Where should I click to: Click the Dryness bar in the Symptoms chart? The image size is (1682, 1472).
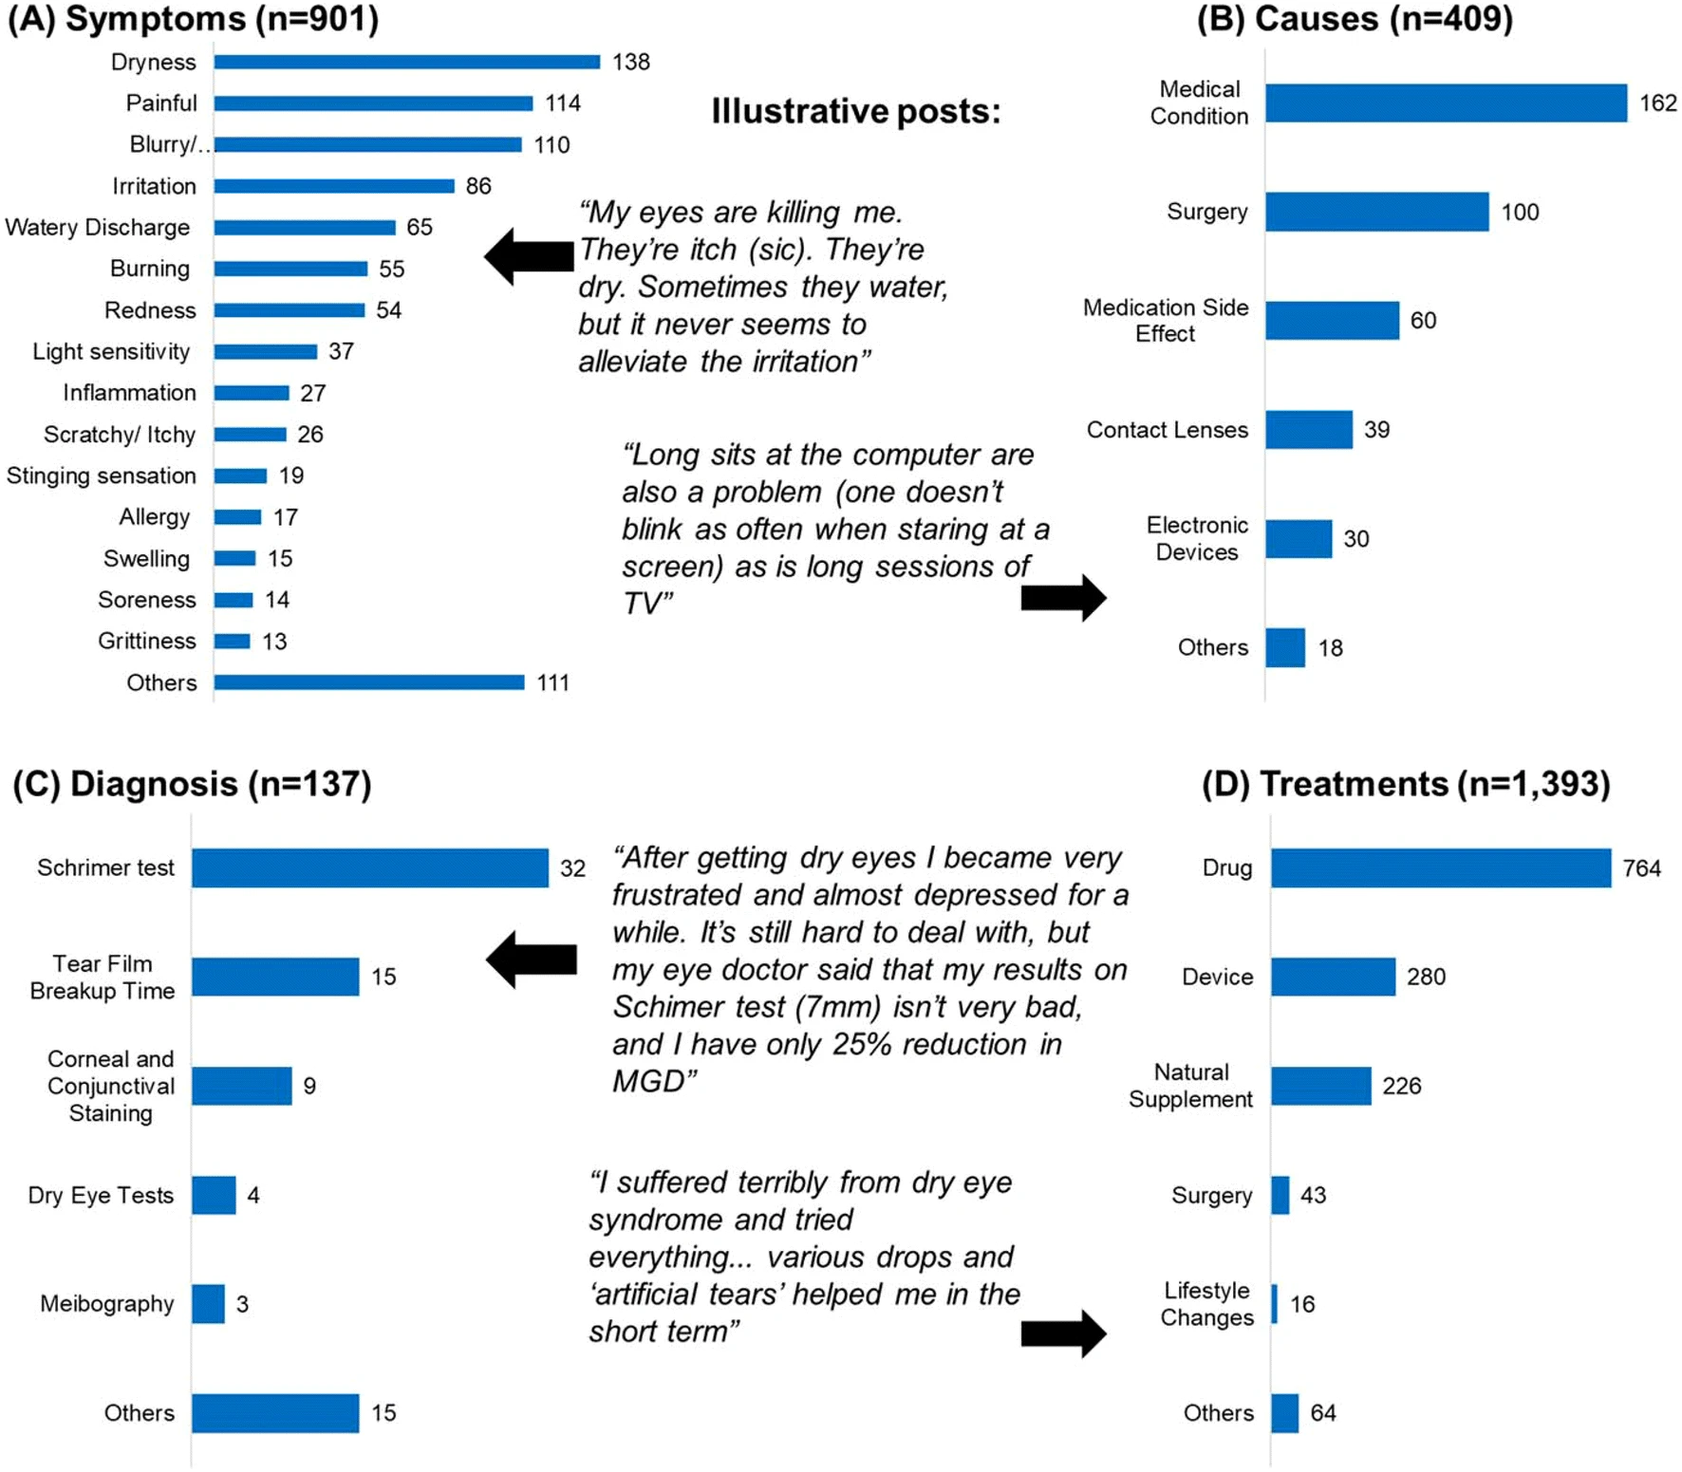[x=406, y=62]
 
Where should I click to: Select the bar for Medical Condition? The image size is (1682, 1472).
[x=1446, y=102]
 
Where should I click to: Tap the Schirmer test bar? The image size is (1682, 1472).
[x=369, y=867]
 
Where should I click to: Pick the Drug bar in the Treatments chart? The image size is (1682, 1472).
[x=1440, y=867]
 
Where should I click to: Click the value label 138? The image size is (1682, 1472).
[x=630, y=62]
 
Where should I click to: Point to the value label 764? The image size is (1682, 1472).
[x=1641, y=867]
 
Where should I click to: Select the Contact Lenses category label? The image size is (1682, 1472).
[x=1167, y=430]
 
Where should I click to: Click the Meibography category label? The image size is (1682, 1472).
[x=106, y=1304]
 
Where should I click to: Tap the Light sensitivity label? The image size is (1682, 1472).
[x=111, y=351]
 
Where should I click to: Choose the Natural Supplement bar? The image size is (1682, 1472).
[x=1320, y=1086]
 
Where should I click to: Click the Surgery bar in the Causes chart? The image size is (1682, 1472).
[x=1376, y=212]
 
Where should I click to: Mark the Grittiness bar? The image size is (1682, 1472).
[x=232, y=642]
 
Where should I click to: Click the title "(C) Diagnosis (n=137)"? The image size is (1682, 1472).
[x=192, y=784]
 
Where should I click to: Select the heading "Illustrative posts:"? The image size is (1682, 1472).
[x=855, y=111]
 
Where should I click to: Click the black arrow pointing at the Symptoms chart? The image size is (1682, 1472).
[x=529, y=255]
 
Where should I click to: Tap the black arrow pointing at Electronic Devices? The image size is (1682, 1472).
[x=1063, y=598]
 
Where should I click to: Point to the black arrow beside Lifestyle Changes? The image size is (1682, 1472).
[x=1063, y=1333]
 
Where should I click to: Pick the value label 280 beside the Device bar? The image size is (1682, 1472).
[x=1426, y=977]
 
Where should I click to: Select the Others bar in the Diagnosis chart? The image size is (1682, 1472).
[x=275, y=1412]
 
